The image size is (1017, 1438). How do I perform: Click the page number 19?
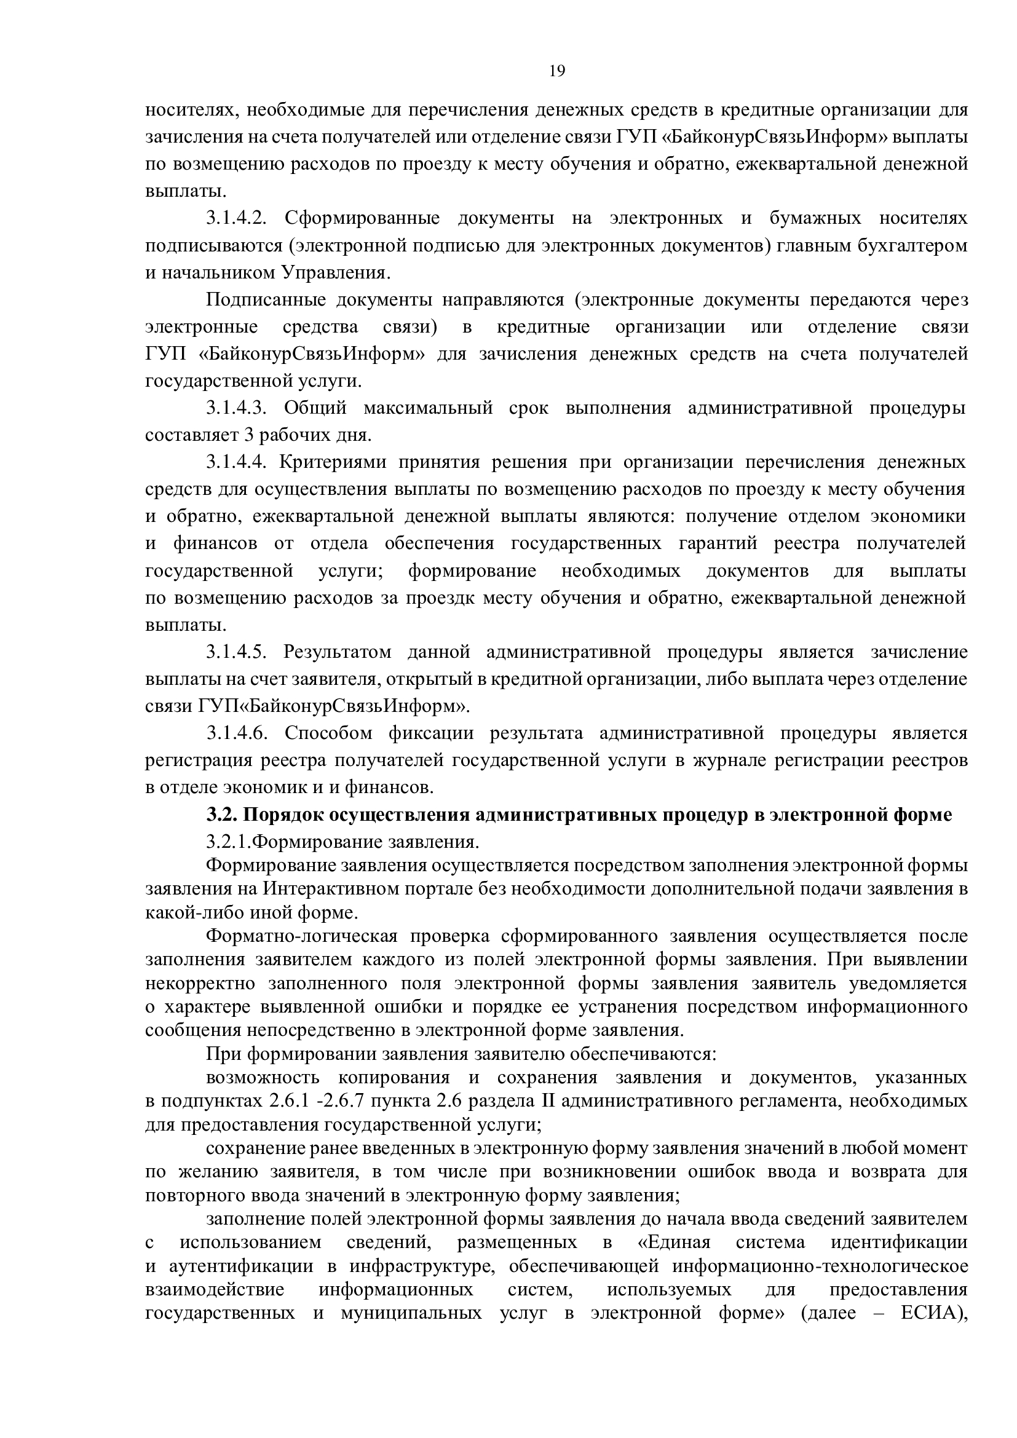556,71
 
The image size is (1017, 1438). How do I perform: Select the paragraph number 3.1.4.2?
237,218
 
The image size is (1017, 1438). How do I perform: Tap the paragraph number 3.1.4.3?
237,408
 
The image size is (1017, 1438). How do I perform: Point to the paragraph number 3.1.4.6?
237,733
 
